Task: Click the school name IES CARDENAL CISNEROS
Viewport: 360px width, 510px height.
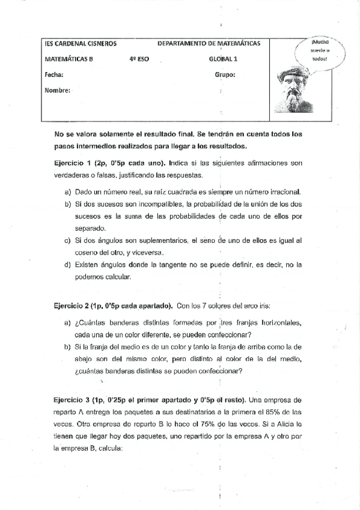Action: click(81, 44)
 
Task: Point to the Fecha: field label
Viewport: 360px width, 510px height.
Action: click(54, 75)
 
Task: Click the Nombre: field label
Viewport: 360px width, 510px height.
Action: click(58, 91)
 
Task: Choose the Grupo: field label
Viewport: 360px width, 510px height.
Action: click(225, 75)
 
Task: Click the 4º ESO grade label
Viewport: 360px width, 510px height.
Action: click(138, 60)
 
